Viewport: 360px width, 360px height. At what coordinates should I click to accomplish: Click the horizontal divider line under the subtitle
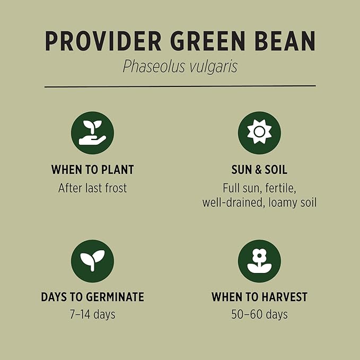(x=180, y=85)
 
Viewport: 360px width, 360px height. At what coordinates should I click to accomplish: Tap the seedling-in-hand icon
(x=92, y=133)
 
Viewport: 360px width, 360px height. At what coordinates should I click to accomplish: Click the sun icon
(x=259, y=133)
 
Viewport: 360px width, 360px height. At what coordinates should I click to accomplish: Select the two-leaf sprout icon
(x=92, y=261)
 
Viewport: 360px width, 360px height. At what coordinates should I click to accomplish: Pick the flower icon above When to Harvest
(x=259, y=261)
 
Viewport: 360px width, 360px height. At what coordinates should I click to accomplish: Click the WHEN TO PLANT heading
(x=92, y=170)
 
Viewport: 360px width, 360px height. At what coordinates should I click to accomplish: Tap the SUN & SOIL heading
(x=259, y=170)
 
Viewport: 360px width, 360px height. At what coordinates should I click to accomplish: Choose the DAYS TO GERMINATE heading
(x=92, y=297)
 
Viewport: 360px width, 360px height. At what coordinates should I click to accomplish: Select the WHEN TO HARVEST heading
(x=259, y=297)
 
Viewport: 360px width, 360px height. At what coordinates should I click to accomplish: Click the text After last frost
(x=92, y=188)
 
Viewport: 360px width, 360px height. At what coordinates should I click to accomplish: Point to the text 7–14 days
(x=92, y=314)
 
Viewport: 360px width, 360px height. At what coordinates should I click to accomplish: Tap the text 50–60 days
(x=259, y=314)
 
